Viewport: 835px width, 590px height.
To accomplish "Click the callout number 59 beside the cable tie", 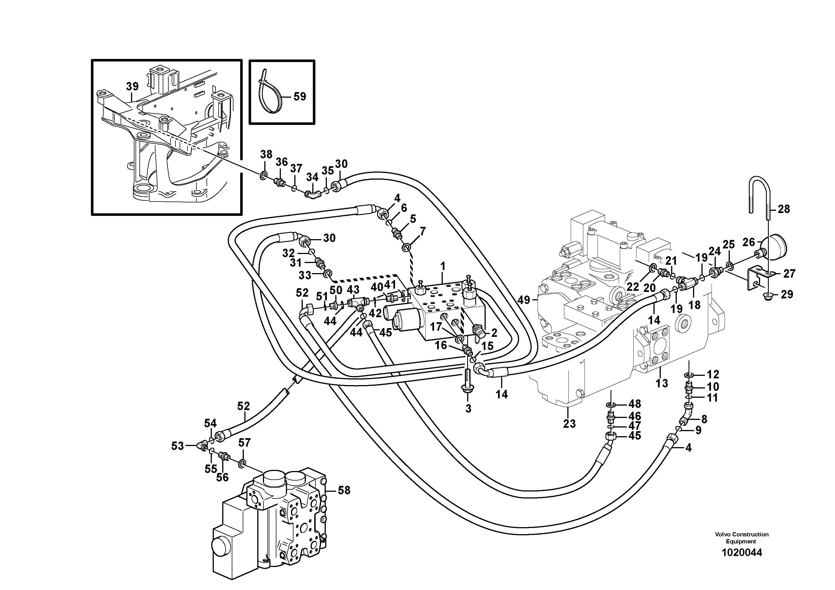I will pos(300,97).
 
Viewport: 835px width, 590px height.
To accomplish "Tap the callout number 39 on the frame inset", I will pos(132,86).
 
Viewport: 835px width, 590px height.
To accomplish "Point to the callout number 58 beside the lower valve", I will pos(344,490).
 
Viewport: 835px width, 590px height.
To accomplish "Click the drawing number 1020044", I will pos(742,553).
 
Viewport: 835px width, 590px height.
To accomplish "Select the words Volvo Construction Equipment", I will pos(742,538).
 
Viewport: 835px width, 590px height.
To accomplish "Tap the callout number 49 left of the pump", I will pos(524,300).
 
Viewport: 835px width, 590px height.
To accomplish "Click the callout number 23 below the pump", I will pos(569,423).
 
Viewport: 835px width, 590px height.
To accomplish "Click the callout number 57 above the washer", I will pos(244,443).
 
